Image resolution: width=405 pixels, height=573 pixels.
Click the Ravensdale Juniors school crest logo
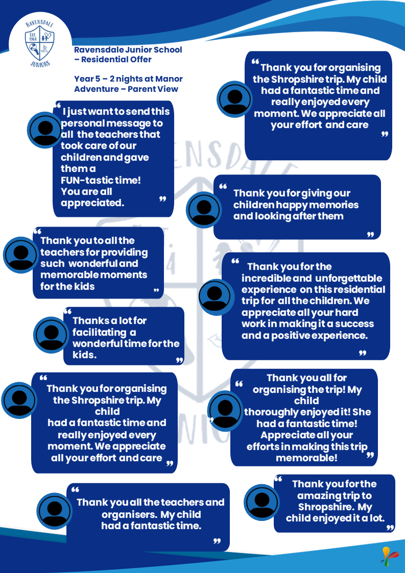click(x=39, y=43)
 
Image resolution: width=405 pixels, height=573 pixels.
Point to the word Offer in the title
click(x=139, y=59)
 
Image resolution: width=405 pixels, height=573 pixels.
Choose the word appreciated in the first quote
click(x=92, y=203)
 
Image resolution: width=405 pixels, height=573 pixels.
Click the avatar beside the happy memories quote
click(x=204, y=209)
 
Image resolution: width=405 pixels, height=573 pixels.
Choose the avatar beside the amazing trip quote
click(x=261, y=502)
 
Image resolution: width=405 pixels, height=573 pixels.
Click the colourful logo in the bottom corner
click(x=390, y=556)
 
